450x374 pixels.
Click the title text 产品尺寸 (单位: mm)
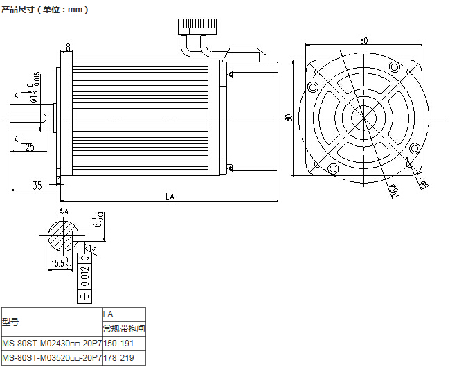pyautogui.click(x=45, y=10)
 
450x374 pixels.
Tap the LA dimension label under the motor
pyautogui.click(x=170, y=197)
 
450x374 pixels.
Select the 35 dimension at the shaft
pyautogui.click(x=37, y=185)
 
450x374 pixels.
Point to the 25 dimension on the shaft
pyautogui.click(x=30, y=147)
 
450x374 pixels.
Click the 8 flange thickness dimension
pyautogui.click(x=68, y=47)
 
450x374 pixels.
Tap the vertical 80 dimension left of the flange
pyautogui.click(x=288, y=117)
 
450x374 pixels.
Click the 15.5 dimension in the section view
pyautogui.click(x=60, y=263)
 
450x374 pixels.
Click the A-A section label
pyautogui.click(x=63, y=211)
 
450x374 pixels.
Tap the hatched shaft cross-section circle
pyautogui.click(x=64, y=235)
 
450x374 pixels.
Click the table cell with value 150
pyautogui.click(x=110, y=343)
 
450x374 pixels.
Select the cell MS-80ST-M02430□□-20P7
pyautogui.click(x=52, y=343)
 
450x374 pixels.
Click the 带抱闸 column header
pyautogui.click(x=132, y=328)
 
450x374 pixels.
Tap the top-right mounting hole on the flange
pyautogui.click(x=394, y=66)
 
